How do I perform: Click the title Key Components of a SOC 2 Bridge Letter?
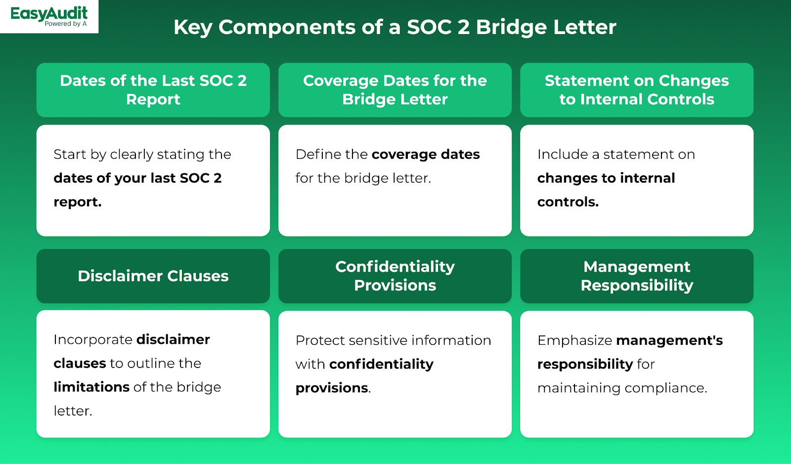coord(395,27)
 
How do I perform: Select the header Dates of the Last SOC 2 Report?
coord(153,90)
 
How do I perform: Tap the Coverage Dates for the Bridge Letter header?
coord(395,90)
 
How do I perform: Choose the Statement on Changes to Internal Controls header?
coord(637,90)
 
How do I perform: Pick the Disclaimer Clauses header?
coord(153,276)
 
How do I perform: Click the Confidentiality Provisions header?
coord(395,276)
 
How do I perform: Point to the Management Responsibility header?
coord(637,276)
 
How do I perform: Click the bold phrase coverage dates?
coord(425,154)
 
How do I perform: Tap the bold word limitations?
coord(91,387)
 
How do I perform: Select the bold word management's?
coord(669,340)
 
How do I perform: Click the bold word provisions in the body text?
coord(332,388)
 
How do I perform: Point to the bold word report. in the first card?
coord(78,202)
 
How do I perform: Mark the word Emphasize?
coord(574,340)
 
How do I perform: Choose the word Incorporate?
coord(93,339)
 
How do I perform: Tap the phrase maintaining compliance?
coord(622,388)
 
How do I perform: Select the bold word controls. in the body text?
coord(568,202)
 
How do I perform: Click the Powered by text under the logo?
coord(62,24)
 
